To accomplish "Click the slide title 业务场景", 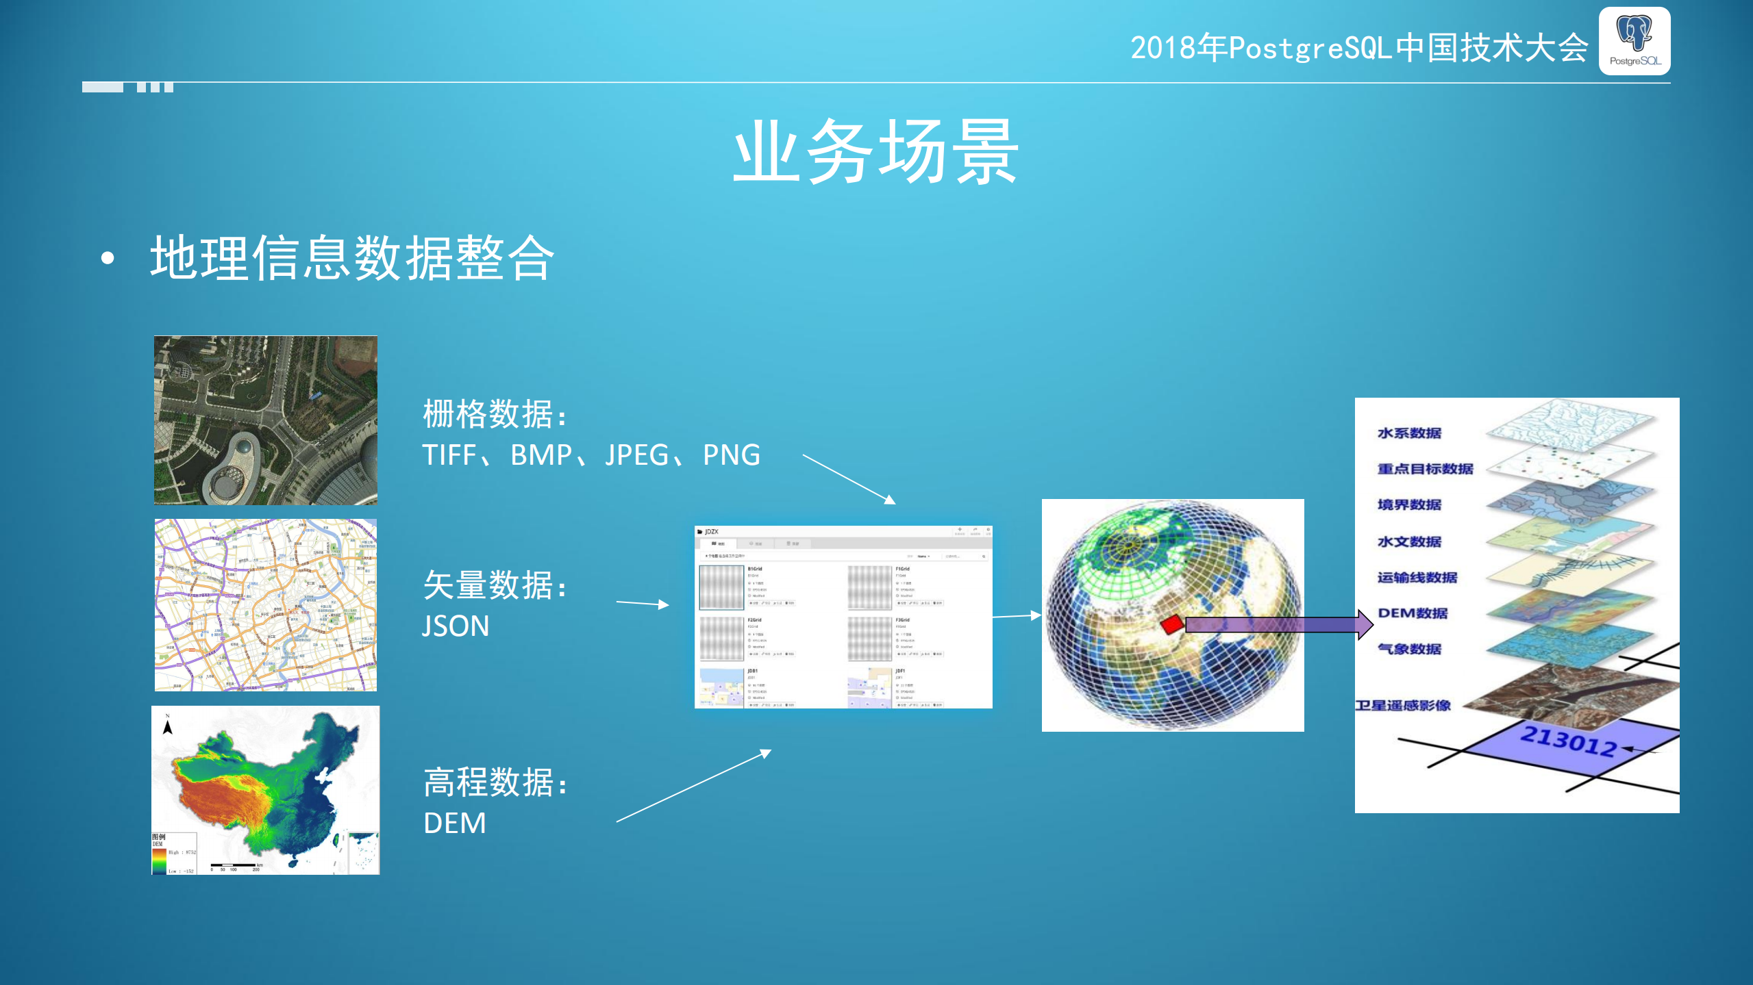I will (875, 152).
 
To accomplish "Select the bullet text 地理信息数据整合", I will (352, 258).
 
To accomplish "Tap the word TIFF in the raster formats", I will (449, 455).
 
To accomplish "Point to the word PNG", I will (731, 455).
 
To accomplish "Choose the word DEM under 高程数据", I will (455, 823).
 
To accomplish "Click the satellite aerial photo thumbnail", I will (266, 420).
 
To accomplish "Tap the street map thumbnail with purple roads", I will (266, 605).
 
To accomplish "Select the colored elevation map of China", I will (266, 790).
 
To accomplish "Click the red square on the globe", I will (1172, 624).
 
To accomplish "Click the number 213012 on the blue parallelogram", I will (1568, 741).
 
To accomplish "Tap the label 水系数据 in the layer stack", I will (1409, 433).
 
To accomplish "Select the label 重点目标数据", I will (1425, 469).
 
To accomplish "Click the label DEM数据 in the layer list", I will (1413, 613).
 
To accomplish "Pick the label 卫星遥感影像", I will (1403, 706).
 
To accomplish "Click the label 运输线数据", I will (1417, 578).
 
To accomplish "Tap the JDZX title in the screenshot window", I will (711, 532).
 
